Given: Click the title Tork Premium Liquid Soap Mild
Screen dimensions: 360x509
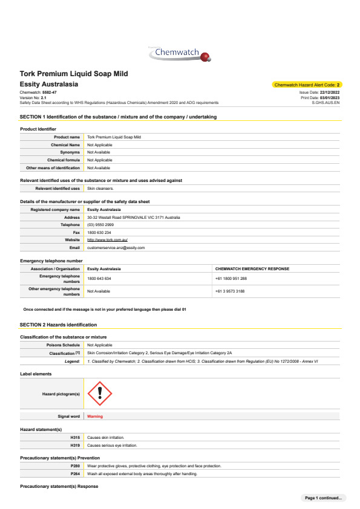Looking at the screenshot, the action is click(x=73, y=74).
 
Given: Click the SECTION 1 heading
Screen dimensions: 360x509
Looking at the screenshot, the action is click(x=118, y=116).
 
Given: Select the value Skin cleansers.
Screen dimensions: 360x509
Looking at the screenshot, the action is click(x=100, y=189).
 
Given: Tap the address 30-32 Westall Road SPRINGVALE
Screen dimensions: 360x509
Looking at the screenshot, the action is click(x=133, y=217).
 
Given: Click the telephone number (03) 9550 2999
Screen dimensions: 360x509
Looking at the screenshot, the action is click(x=100, y=225).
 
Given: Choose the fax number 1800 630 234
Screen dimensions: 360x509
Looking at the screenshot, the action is click(x=99, y=232).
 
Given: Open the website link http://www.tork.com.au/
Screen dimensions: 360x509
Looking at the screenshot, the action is click(x=107, y=240).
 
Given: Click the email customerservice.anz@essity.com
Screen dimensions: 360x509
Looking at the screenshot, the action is click(x=116, y=247).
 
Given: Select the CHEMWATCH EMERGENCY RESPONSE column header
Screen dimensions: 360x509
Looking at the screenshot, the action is click(x=252, y=268).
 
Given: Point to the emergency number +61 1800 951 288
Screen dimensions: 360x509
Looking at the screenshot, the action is click(x=231, y=279).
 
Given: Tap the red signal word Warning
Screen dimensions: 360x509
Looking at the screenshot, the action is click(x=95, y=417).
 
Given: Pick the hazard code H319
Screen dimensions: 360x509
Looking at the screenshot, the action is click(x=76, y=445).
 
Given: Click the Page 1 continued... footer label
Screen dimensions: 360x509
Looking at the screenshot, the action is click(x=323, y=498).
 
